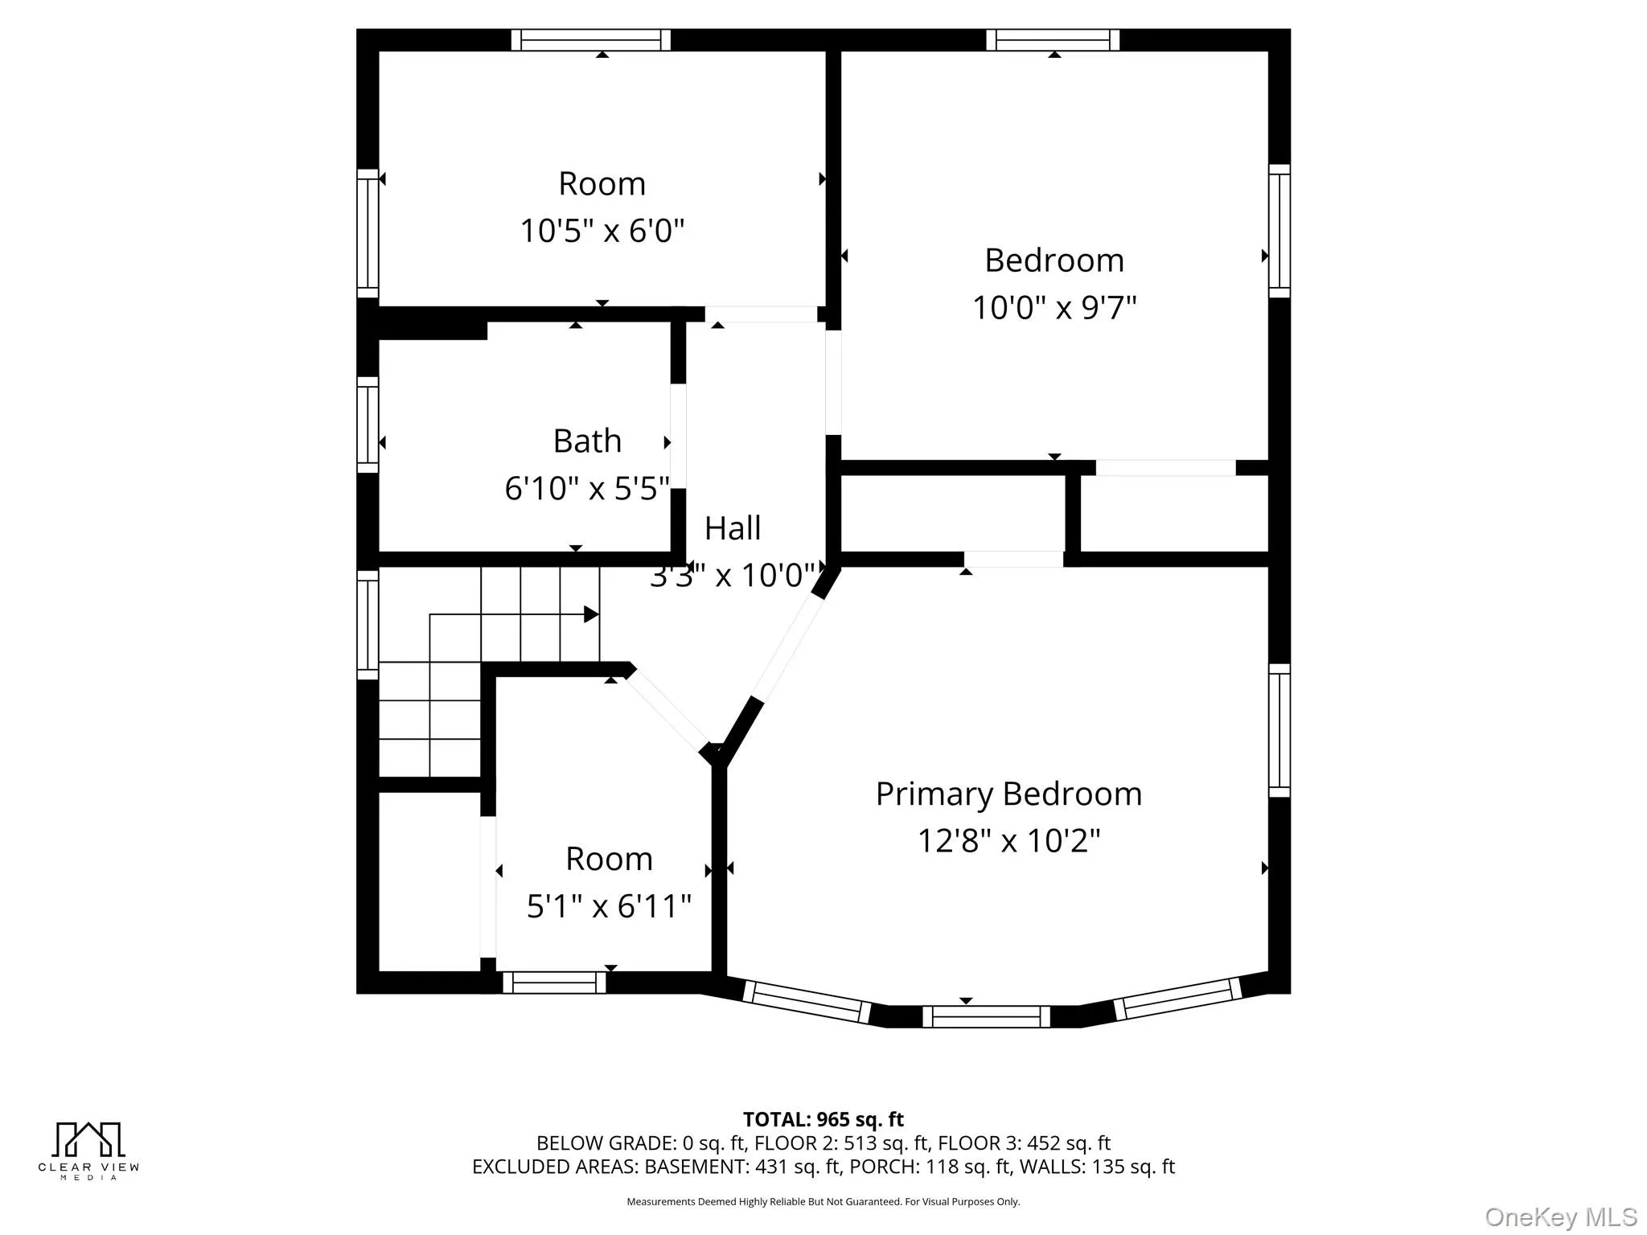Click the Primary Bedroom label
tap(1008, 794)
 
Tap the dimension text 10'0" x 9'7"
tap(1054, 308)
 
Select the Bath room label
tap(587, 441)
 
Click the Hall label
tap(733, 528)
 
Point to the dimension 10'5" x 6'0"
tap(602, 232)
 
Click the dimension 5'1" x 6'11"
tap(609, 907)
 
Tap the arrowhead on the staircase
tap(591, 615)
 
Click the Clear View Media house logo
tap(88, 1139)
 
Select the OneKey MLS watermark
tap(1561, 1217)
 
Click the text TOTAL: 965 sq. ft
tap(823, 1119)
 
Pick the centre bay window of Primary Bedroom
tap(986, 1017)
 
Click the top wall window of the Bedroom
tap(1053, 40)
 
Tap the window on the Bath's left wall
tap(368, 425)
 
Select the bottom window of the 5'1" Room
tap(554, 983)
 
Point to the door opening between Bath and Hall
tap(679, 436)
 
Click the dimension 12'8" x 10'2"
tap(1008, 842)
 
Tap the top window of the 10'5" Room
tap(591, 40)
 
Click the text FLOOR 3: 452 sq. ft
tap(1024, 1143)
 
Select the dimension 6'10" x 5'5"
tap(587, 489)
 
